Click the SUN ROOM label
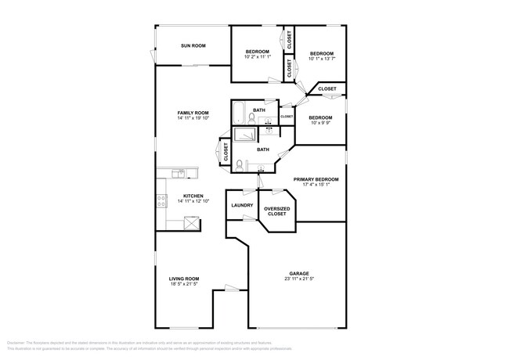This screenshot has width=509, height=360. point(193,46)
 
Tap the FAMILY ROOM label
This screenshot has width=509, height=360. point(193,113)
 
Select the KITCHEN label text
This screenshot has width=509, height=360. point(193,196)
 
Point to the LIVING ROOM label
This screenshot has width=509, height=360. point(184,279)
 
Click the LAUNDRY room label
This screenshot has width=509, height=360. point(241,206)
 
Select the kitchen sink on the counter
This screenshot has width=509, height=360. point(179,173)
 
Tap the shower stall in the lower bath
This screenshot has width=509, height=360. point(244,134)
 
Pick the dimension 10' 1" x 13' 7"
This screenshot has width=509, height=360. point(321,57)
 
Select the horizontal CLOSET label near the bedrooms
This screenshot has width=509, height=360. point(327,89)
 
